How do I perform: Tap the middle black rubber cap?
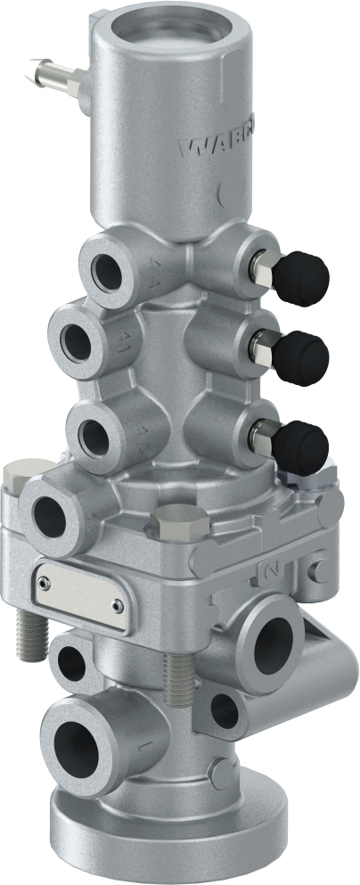point(300,357)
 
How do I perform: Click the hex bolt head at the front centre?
point(181,520)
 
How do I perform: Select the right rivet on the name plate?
point(117,605)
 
